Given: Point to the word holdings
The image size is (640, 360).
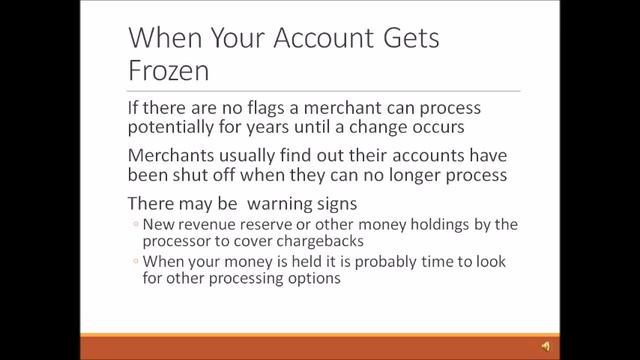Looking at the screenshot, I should tap(439, 225).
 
